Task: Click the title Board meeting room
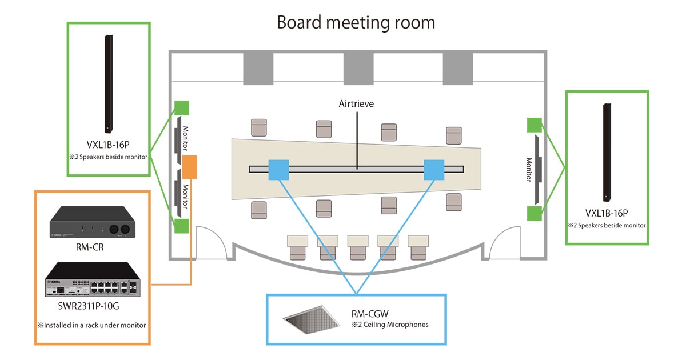(x=356, y=22)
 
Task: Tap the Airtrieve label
(x=357, y=104)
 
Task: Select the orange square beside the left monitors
(x=189, y=166)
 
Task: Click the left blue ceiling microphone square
(x=279, y=169)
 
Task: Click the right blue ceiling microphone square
(x=434, y=169)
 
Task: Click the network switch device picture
(x=92, y=280)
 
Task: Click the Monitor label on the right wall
(x=529, y=170)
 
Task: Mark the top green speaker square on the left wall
(x=182, y=108)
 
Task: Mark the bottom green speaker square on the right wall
(x=534, y=214)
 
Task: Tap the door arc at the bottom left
(x=209, y=240)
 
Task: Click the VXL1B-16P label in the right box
(x=607, y=213)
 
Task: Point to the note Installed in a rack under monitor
(x=92, y=325)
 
